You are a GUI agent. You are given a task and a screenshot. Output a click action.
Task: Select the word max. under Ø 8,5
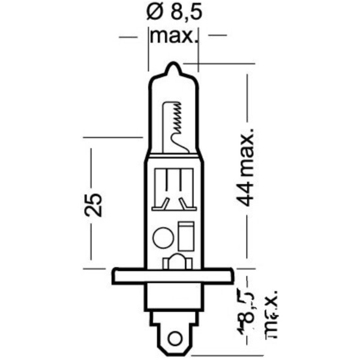pos(173,36)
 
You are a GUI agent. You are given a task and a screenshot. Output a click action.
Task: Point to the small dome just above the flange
pos(174,262)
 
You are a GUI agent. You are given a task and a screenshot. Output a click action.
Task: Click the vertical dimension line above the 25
pos(92,168)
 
